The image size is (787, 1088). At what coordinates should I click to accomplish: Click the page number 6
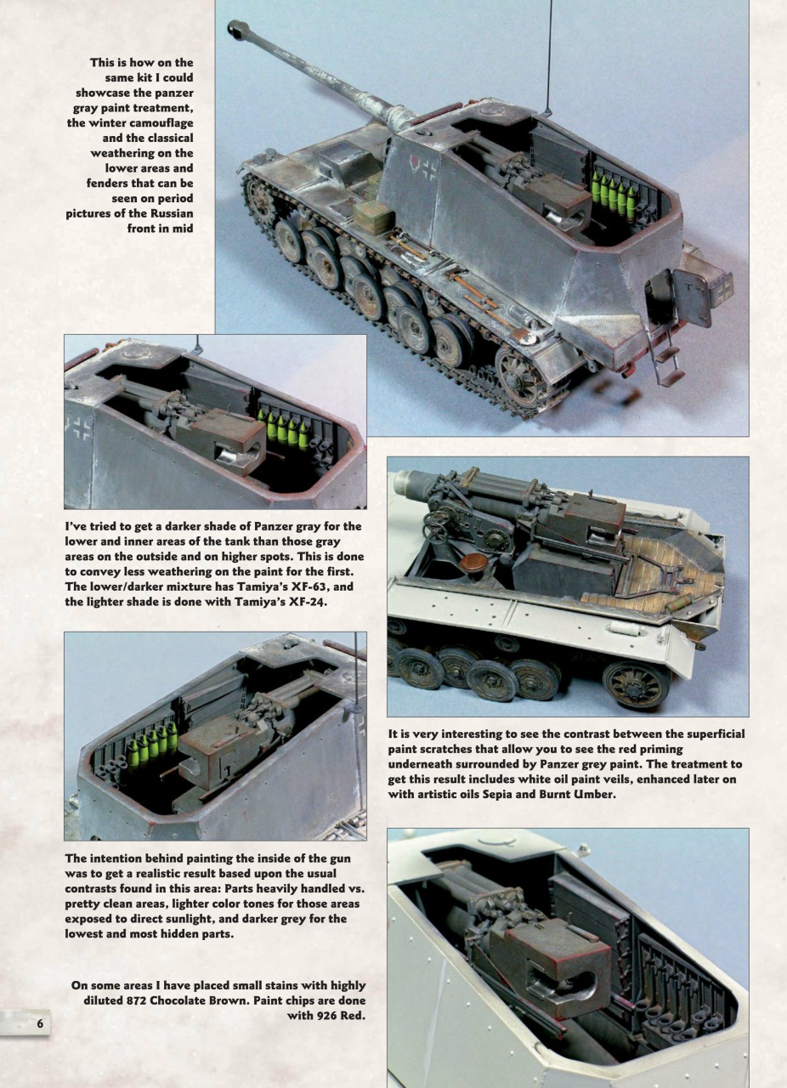click(x=39, y=1023)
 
